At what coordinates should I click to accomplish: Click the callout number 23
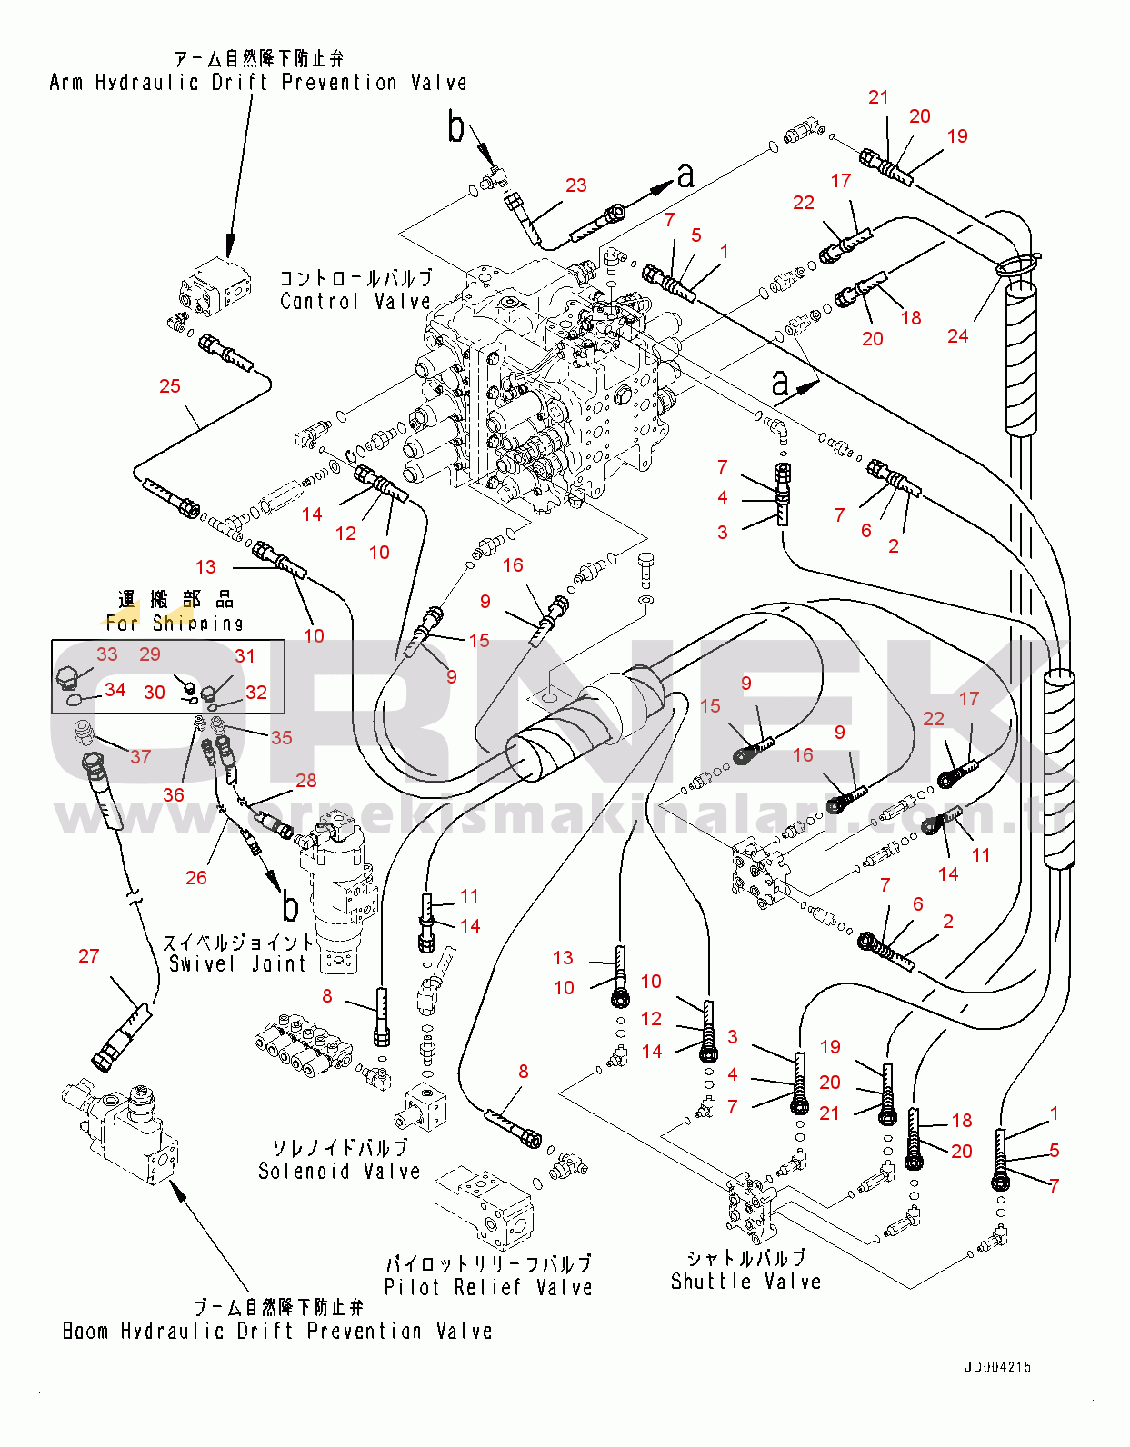point(576,185)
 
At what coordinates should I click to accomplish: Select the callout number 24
point(958,336)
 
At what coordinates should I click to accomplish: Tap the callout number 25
point(170,386)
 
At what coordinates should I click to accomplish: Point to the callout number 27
point(88,956)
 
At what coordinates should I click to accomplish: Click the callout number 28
point(306,781)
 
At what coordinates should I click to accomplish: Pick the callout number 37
point(140,756)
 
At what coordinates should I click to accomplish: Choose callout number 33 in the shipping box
point(107,654)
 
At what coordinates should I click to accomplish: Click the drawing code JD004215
point(997,1367)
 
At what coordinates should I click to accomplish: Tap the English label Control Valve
point(355,302)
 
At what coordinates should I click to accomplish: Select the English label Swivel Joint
point(238,964)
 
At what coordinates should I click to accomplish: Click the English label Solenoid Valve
point(339,1172)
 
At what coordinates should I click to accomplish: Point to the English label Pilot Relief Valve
point(488,1288)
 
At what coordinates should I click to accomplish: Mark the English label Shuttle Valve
point(745,1282)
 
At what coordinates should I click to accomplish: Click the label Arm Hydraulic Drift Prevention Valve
point(258,83)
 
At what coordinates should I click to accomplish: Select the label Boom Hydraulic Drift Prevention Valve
point(277,1332)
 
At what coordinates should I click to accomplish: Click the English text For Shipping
point(175,624)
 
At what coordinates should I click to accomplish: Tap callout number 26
point(196,878)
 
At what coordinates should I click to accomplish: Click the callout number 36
point(174,794)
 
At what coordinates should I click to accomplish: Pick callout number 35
point(282,737)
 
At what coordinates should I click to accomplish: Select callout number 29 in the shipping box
point(150,654)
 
